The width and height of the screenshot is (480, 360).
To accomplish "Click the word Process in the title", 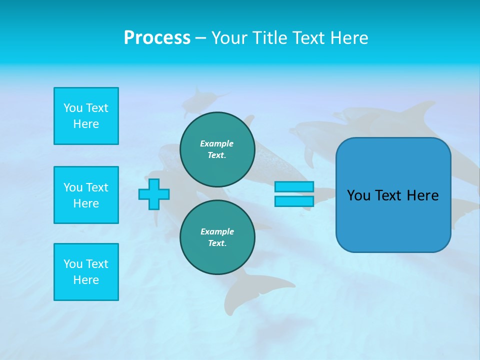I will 157,38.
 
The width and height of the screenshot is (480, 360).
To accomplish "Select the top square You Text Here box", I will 86,116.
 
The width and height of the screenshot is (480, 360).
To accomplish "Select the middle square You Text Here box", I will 86,195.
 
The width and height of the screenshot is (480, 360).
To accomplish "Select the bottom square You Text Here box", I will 86,272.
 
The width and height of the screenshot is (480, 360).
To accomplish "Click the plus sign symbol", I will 154,194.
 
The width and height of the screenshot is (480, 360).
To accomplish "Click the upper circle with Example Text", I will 217,149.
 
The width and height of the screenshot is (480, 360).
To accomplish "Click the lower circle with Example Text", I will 217,237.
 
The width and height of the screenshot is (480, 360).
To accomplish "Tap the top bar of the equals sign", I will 294,187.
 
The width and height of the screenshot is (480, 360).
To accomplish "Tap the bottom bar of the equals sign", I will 294,201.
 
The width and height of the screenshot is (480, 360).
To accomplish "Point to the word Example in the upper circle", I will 217,143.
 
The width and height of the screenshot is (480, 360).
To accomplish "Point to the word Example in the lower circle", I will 217,231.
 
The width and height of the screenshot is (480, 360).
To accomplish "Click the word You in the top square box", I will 73,108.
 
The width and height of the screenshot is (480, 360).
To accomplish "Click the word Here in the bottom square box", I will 86,280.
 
